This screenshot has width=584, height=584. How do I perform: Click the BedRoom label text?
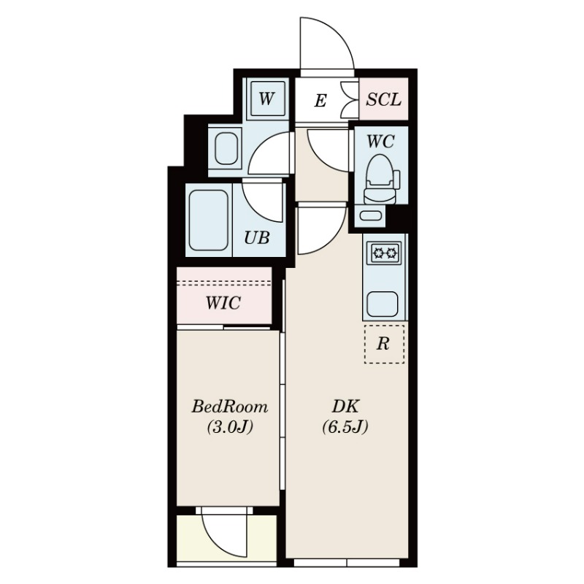(x=229, y=407)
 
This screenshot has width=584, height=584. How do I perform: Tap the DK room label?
(x=345, y=407)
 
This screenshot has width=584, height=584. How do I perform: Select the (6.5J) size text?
(x=345, y=427)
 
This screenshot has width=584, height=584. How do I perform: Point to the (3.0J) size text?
(x=230, y=427)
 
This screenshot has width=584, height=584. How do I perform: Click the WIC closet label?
(x=223, y=303)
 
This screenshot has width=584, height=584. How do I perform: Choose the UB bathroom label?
(x=257, y=238)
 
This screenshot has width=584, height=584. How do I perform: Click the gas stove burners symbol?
(x=385, y=253)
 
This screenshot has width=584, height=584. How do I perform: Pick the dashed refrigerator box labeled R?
(x=384, y=344)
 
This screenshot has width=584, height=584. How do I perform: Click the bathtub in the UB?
(x=208, y=220)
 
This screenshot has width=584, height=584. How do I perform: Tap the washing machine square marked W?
(x=266, y=99)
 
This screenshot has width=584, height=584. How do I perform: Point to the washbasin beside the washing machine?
(x=227, y=148)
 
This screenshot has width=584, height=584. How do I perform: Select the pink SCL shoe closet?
(x=384, y=99)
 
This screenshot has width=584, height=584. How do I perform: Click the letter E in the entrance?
(x=320, y=101)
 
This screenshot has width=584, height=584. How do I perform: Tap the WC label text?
(x=380, y=141)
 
